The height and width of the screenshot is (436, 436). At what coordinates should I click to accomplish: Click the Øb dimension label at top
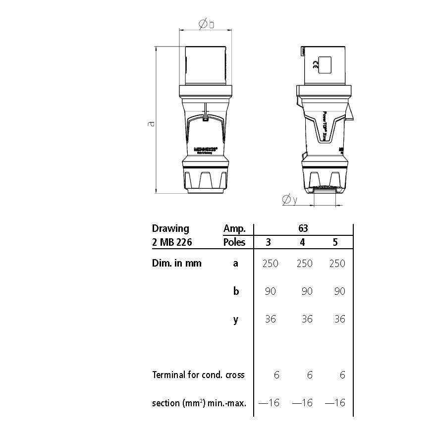pyautogui.click(x=206, y=25)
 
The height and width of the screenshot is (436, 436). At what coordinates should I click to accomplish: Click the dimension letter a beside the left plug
pyautogui.click(x=152, y=123)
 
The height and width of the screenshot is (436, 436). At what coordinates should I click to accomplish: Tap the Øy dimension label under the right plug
pyautogui.click(x=289, y=200)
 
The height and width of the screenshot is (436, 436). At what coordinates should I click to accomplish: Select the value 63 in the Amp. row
pyautogui.click(x=303, y=228)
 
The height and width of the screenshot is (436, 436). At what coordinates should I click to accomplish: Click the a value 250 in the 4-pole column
pyautogui.click(x=304, y=264)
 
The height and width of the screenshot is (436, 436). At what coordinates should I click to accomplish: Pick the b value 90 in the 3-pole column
pyautogui.click(x=271, y=291)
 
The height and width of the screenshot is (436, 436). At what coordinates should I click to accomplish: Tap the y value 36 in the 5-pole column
pyautogui.click(x=339, y=319)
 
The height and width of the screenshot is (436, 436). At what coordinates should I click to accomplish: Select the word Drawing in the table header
pyautogui.click(x=170, y=228)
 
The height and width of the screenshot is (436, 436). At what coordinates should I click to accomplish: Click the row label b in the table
pyautogui.click(x=236, y=291)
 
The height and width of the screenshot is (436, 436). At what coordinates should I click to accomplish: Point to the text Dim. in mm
pyautogui.click(x=177, y=264)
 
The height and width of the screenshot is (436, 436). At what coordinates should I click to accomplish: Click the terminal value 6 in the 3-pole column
pyautogui.click(x=276, y=375)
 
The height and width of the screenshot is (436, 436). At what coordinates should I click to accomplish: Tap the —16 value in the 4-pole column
pyautogui.click(x=303, y=403)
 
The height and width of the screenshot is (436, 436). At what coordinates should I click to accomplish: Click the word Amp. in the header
pyautogui.click(x=234, y=228)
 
